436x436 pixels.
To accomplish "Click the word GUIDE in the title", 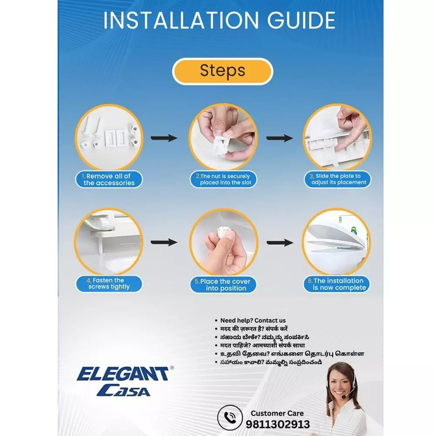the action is pos(301,20).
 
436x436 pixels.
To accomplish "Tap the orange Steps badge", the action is pos(222,71).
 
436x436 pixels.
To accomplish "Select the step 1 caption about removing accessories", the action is pos(109,179).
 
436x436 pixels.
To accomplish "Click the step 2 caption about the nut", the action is pos(223,179).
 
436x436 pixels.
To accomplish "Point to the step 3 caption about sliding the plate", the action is pos(337,179).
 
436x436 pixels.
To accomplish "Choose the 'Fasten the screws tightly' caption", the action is pos(109,284).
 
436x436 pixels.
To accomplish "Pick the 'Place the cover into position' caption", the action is pos(223,284).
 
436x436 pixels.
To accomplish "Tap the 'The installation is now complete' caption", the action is pos(337,284).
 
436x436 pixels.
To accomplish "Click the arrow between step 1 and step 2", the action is pos(164,138).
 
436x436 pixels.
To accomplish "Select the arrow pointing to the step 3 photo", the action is pos(279,138).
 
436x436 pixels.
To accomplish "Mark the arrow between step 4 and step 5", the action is pos(164,242).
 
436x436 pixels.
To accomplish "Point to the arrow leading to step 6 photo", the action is pos(280,243).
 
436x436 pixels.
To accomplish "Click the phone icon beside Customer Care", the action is pos(230,417).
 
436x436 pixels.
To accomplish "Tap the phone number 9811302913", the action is pos(278,424).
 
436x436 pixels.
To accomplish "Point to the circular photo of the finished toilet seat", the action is pos(337,242).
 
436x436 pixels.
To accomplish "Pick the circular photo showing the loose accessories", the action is pos(109,137).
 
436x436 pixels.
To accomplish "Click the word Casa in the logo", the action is pos(124,390).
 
